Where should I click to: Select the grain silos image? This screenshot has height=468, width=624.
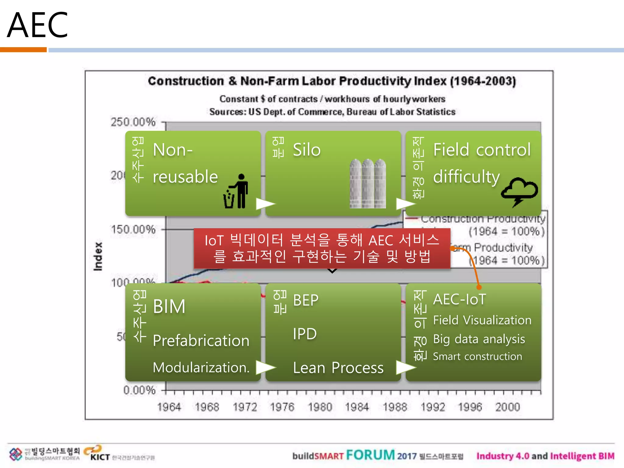pyautogui.click(x=368, y=183)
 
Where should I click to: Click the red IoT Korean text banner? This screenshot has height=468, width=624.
pyautogui.click(x=322, y=248)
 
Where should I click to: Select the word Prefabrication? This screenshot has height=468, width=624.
pyautogui.click(x=201, y=340)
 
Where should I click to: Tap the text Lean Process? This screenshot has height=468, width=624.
pyautogui.click(x=338, y=368)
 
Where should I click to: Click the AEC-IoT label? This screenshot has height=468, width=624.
pyautogui.click(x=459, y=299)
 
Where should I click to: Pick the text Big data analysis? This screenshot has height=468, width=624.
pyautogui.click(x=479, y=339)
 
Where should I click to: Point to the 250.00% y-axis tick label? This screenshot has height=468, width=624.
pyautogui.click(x=133, y=122)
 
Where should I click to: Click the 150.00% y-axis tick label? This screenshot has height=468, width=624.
pyautogui.click(x=133, y=229)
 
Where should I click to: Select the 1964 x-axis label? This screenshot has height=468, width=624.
pyautogui.click(x=169, y=407)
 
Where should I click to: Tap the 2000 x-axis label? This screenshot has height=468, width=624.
pyautogui.click(x=507, y=407)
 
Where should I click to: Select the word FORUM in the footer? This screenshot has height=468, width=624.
pyautogui.click(x=370, y=455)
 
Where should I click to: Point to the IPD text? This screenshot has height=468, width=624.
pyautogui.click(x=305, y=334)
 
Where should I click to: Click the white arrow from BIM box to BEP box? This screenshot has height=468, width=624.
pyautogui.click(x=265, y=367)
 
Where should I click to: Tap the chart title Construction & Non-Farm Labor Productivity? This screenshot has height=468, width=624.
pyautogui.click(x=331, y=81)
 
